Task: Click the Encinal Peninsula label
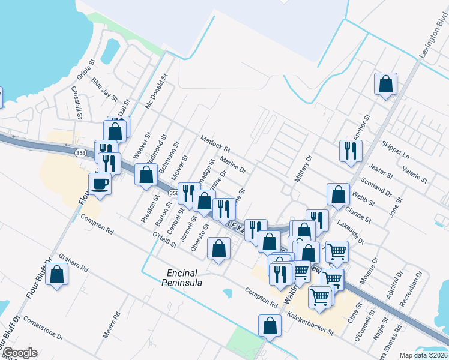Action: [x=190, y=277]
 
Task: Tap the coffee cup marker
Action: [x=100, y=184]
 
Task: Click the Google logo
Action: [x=19, y=353]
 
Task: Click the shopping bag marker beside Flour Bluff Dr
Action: [x=57, y=274]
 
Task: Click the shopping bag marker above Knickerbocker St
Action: [x=270, y=325]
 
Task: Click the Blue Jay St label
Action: [x=105, y=88]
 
